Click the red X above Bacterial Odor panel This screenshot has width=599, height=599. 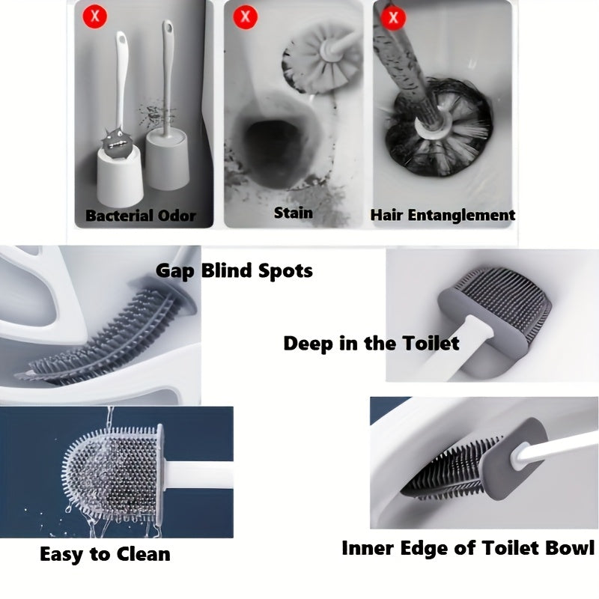pyautogui.click(x=95, y=16)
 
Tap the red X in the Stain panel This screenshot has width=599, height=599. pyautogui.click(x=245, y=16)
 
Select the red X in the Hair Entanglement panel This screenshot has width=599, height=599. pyautogui.click(x=393, y=17)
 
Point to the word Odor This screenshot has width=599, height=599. pyautogui.click(x=177, y=216)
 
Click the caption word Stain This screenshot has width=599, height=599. pyautogui.click(x=294, y=213)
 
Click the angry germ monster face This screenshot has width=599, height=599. pyautogui.click(x=117, y=143)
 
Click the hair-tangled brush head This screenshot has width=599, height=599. pyautogui.click(x=439, y=127)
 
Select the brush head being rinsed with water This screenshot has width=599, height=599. pyautogui.click(x=113, y=472)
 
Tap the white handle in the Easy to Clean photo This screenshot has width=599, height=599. pyautogui.click(x=198, y=475)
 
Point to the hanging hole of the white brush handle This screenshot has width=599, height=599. pyautogui.click(x=121, y=39)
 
